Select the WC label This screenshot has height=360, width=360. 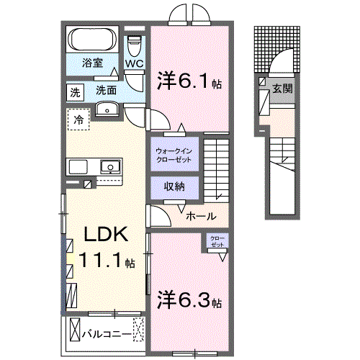[135, 63]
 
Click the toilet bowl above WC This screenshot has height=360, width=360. [135, 44]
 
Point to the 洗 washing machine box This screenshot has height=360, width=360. [76, 91]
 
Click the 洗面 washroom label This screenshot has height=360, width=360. [106, 91]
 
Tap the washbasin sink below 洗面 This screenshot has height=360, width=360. [107, 109]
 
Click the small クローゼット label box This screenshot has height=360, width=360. [217, 241]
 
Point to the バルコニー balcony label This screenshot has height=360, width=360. [106, 333]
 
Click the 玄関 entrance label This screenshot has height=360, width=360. [282, 89]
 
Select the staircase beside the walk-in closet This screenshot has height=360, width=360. [216, 169]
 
